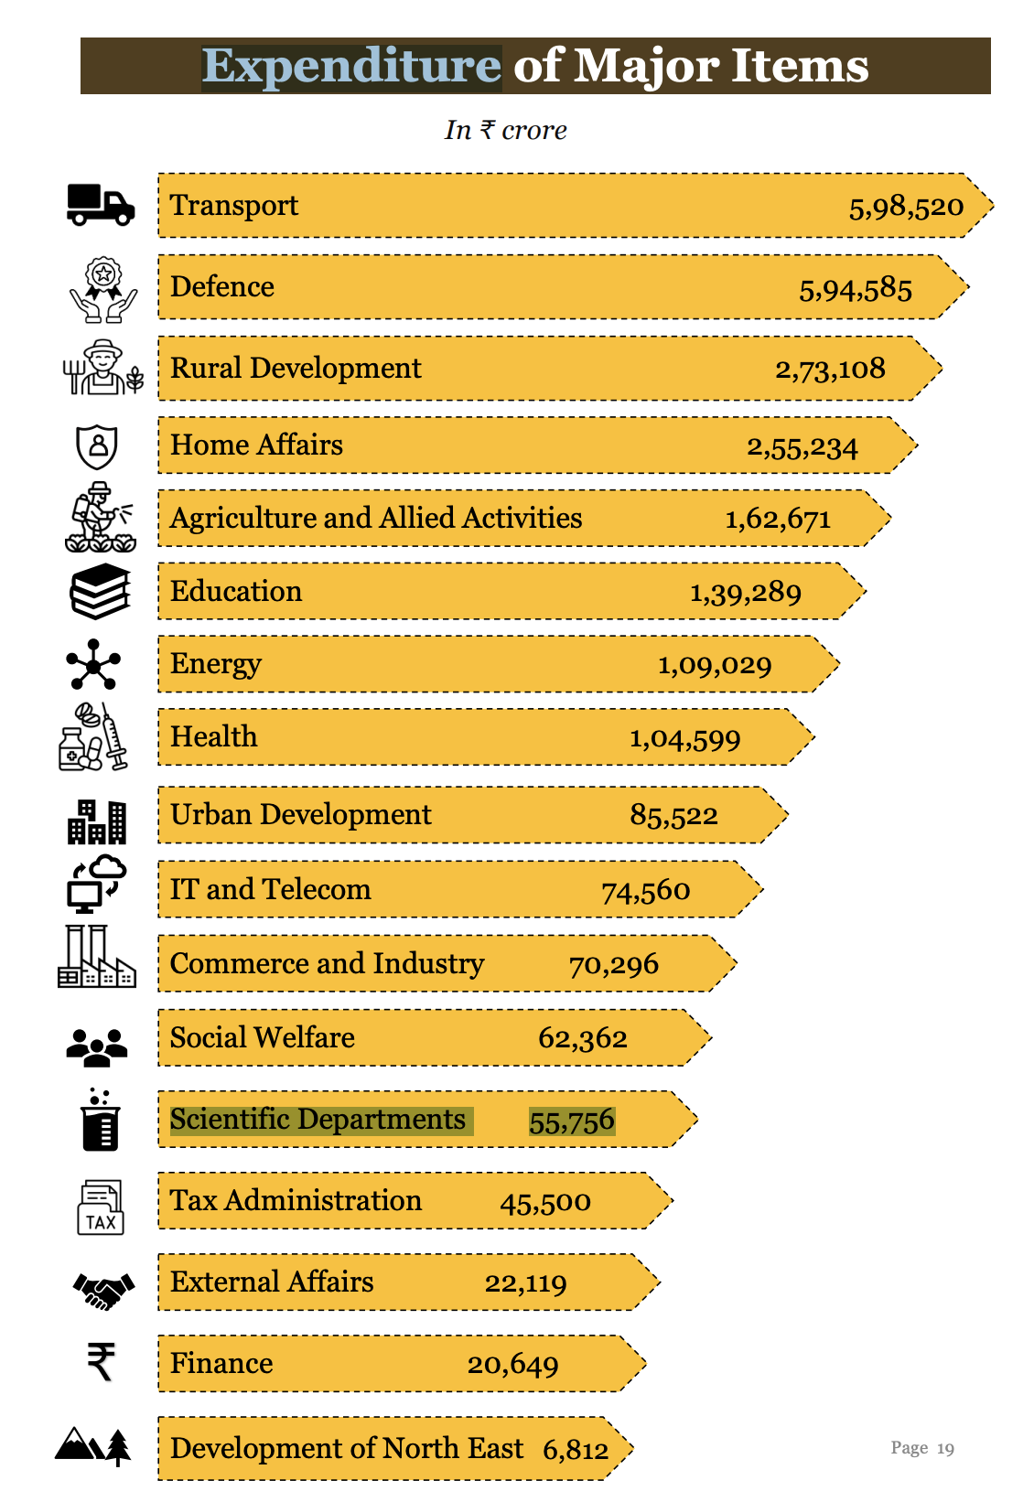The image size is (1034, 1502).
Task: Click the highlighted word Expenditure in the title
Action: coord(351,67)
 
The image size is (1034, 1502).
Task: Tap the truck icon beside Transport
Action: coord(101,205)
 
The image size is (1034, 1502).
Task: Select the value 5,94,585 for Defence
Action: coord(856,290)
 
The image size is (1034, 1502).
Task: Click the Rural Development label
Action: coord(296,368)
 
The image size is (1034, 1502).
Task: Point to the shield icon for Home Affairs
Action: coord(97,446)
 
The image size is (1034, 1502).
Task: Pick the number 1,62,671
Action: coord(778,520)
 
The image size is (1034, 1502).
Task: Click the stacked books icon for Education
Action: coord(101,592)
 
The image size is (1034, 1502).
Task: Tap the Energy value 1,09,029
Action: coord(715,665)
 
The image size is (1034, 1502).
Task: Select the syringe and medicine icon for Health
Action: coord(93,737)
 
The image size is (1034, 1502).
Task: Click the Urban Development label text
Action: coord(300,814)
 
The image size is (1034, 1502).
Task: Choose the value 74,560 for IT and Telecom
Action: coord(645,890)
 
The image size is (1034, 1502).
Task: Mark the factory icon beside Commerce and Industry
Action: coord(96,958)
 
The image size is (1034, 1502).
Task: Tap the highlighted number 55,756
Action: coord(572,1121)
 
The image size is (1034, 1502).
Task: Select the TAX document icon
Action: coord(101,1207)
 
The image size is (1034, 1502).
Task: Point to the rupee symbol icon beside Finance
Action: coord(101,1361)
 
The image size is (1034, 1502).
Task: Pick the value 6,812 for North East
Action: coord(576,1450)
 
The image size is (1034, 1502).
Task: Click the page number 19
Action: coord(945,1448)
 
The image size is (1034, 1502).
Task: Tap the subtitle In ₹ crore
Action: coord(506,130)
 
